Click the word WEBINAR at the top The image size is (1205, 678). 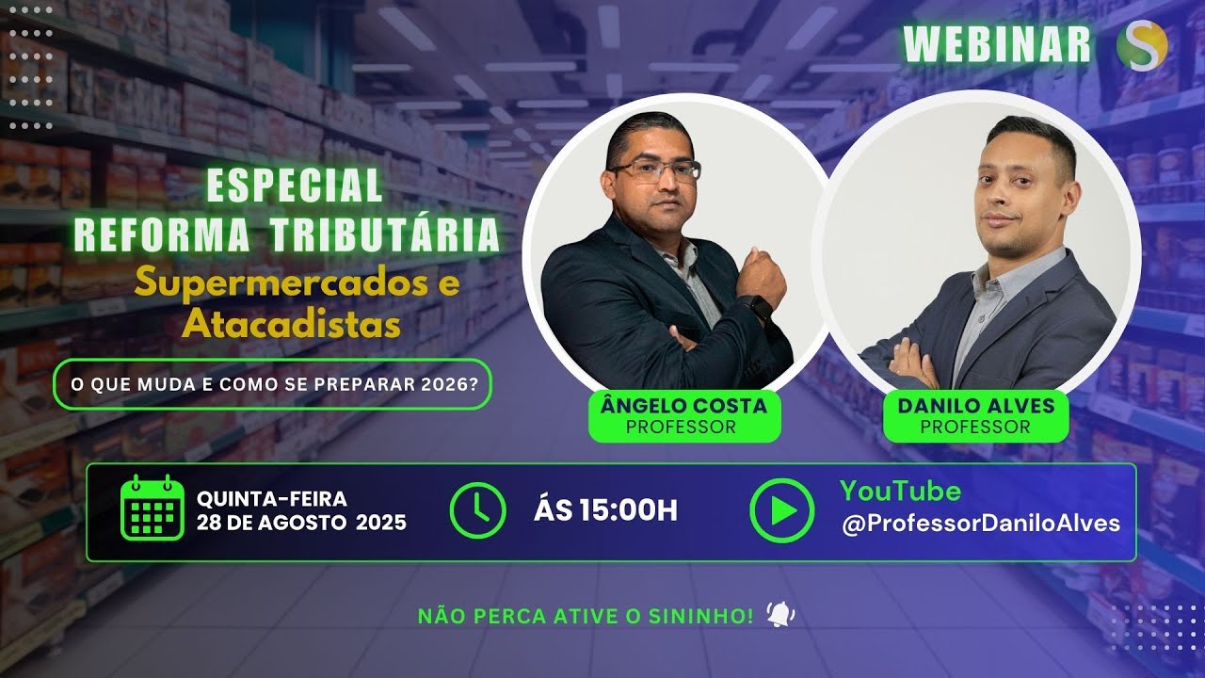pos(997,44)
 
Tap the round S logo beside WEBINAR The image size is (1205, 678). pos(1142,44)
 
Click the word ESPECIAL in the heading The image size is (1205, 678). pos(294,185)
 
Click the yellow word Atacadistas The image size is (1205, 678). pos(291,325)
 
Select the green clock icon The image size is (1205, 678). pos(478,509)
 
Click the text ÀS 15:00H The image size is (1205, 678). pos(605,510)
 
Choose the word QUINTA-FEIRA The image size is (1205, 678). pos(272,499)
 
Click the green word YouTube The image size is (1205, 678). pos(901,492)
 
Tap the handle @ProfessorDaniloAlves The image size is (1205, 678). pos(981,525)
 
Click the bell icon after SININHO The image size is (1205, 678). pos(780,615)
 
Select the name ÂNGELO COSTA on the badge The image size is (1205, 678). pos(683,407)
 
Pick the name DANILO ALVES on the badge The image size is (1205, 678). pos(975,407)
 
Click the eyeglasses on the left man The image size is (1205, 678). pos(656,170)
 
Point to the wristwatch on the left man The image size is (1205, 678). pos(755,306)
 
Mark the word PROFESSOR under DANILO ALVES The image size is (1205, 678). pos(975,427)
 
